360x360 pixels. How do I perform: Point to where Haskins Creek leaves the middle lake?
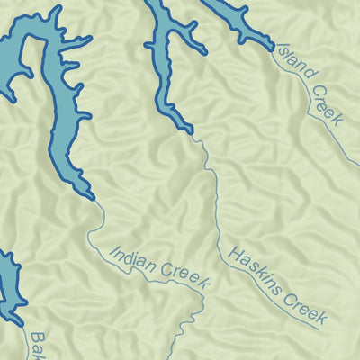click(x=193, y=134)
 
